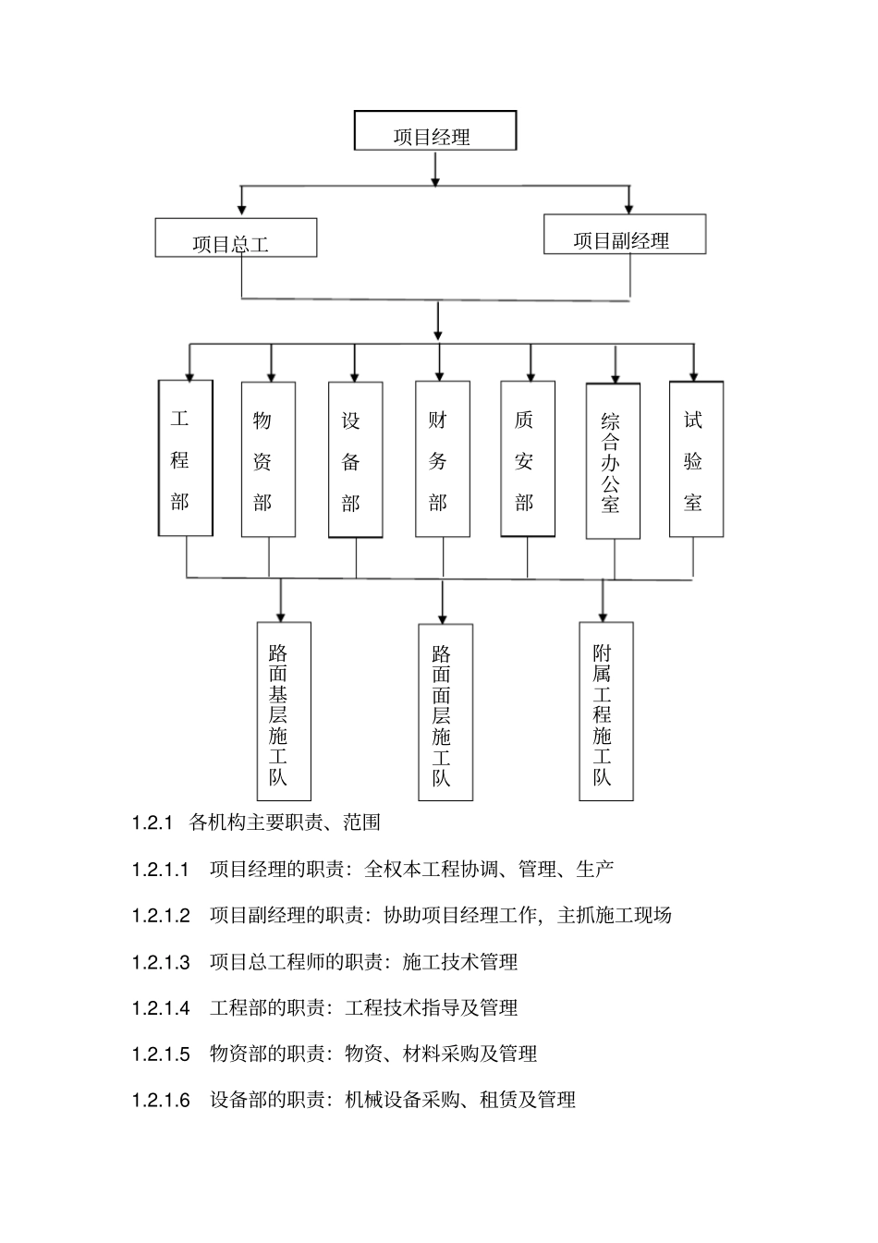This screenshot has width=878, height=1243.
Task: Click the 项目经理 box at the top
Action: (434, 131)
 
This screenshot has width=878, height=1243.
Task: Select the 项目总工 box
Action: (236, 238)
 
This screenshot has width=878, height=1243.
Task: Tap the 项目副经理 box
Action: (625, 235)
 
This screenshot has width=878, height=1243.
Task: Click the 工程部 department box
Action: (186, 458)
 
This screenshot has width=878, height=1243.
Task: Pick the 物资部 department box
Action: (268, 459)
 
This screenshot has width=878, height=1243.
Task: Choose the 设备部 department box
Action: (355, 459)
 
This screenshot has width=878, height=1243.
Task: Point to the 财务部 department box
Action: (442, 459)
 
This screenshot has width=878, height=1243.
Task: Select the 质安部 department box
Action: (528, 459)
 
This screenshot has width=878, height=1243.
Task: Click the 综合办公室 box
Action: (613, 461)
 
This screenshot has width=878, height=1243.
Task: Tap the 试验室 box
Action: (696, 459)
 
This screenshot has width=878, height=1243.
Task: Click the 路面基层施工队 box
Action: (283, 711)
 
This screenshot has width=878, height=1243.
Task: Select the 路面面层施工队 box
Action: (445, 712)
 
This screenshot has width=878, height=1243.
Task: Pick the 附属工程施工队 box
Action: (606, 710)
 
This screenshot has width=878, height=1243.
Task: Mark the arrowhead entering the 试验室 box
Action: (694, 374)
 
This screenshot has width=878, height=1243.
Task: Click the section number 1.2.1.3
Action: (161, 962)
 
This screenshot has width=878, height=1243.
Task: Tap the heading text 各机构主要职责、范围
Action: (285, 822)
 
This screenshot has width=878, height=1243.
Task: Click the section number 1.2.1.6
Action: (161, 1100)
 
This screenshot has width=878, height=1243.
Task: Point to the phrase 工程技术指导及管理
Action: (432, 1007)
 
